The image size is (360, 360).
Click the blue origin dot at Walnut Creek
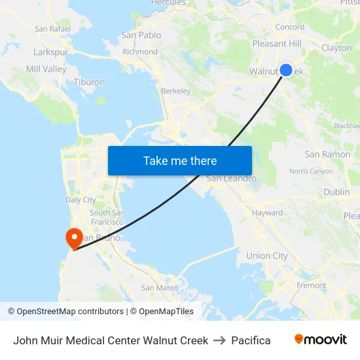click(286, 70)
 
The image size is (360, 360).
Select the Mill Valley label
click(46, 69)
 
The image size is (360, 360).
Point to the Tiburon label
click(89, 82)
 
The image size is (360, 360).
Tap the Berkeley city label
click(175, 91)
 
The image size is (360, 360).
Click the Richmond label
click(140, 52)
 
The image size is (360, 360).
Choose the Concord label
click(289, 27)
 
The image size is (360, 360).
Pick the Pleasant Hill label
click(277, 44)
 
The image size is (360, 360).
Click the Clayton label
click(336, 48)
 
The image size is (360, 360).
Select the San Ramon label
click(327, 154)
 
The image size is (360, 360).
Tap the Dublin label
click(336, 192)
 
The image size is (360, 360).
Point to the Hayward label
click(267, 213)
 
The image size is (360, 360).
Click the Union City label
click(266, 256)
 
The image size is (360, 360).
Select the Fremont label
click(311, 285)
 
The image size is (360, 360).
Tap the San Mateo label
click(160, 287)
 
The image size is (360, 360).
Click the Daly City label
click(81, 200)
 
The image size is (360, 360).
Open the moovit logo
click(320, 340)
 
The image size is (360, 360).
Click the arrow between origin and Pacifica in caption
click(219, 340)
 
